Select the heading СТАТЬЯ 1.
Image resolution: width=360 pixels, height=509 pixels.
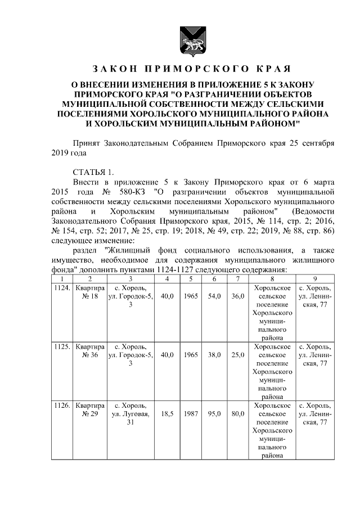point(93,172)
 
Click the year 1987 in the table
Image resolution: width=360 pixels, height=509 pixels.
point(190,414)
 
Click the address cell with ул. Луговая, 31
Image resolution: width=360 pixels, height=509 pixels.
point(130,414)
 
